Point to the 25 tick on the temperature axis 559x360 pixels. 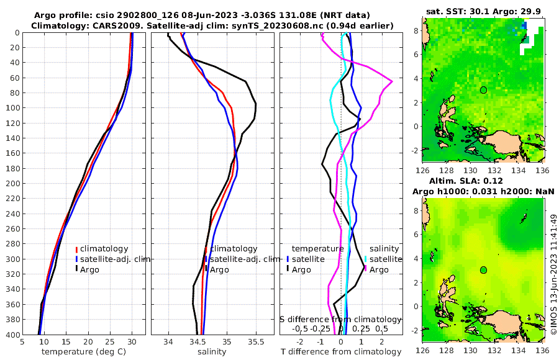tap(110, 341)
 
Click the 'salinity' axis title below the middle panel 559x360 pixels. tap(211, 352)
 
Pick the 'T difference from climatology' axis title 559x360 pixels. tap(341, 352)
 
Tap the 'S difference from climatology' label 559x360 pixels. tap(341, 318)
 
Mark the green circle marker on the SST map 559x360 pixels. tap(483, 90)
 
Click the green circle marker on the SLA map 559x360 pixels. tap(483, 270)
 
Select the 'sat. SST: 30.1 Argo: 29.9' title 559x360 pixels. tap(483, 11)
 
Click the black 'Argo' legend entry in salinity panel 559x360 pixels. tap(220, 269)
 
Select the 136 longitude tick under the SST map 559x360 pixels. tap(542, 170)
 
